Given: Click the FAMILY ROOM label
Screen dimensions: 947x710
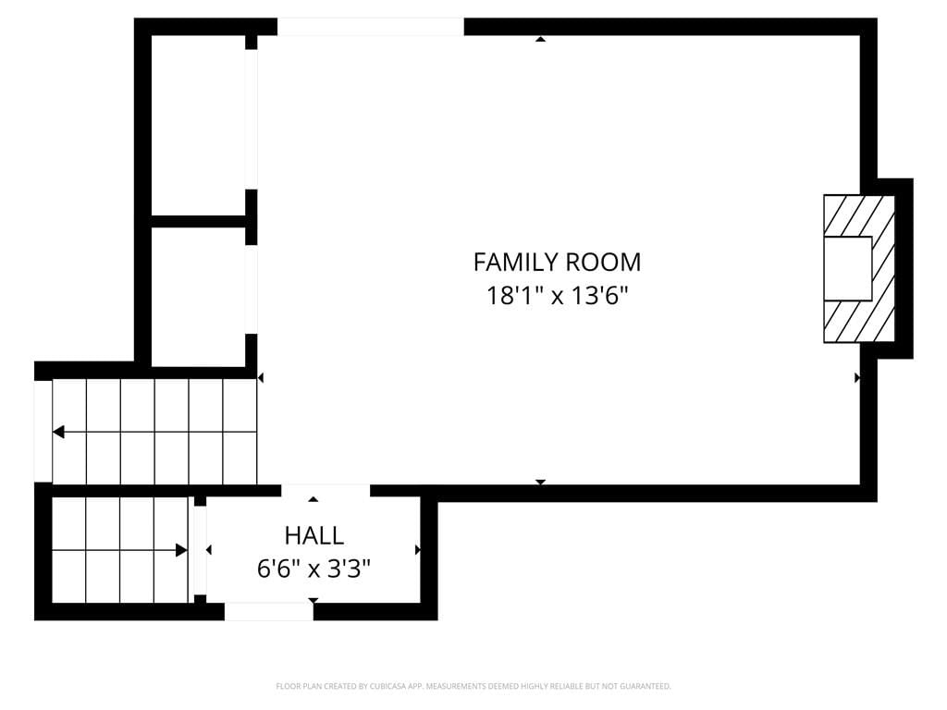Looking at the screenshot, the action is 557,262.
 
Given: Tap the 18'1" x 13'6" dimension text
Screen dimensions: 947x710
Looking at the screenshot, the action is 558,296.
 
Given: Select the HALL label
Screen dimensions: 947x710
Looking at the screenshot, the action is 314,535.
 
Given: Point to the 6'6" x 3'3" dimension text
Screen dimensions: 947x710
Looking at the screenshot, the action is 314,569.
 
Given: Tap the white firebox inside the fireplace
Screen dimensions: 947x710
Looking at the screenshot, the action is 848,269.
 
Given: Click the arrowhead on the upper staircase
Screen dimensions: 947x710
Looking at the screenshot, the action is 58,432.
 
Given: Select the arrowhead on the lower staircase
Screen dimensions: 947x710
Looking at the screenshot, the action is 181,550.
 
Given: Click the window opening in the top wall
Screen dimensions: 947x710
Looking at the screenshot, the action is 370,27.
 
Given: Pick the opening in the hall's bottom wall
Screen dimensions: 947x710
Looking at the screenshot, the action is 269,611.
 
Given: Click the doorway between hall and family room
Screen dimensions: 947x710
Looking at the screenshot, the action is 326,490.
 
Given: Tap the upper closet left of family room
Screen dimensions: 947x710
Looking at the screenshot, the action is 198,125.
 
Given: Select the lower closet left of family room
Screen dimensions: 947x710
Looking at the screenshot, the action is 198,297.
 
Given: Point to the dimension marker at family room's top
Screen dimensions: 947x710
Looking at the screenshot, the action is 540,39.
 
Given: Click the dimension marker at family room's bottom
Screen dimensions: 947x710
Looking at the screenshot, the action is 540,482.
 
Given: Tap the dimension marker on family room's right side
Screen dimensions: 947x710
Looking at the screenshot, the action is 857,378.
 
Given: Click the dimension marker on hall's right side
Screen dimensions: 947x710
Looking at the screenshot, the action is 418,550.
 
